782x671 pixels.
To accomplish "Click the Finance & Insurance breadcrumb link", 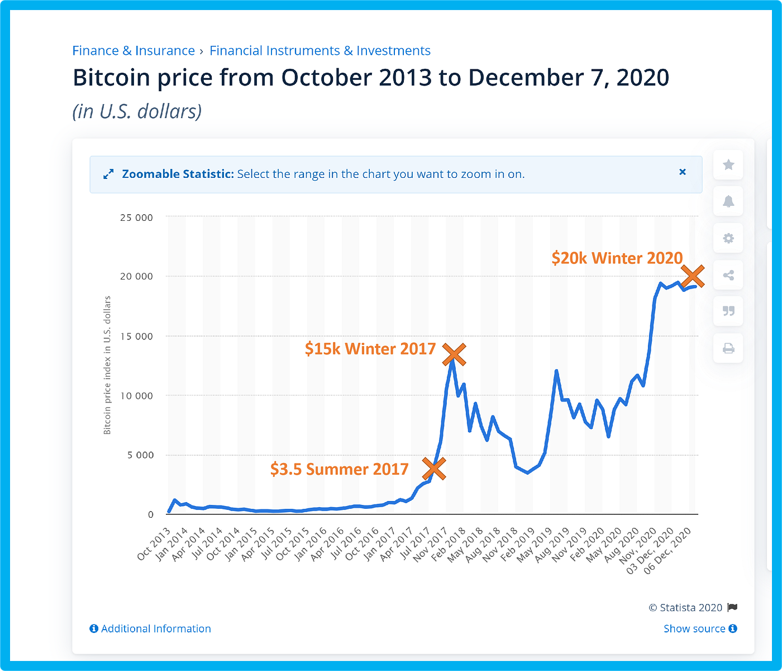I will click(x=133, y=51).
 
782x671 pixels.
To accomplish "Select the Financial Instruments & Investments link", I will click(x=320, y=51).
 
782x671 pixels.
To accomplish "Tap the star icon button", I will click(x=728, y=165).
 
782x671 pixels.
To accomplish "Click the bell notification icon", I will click(x=728, y=201).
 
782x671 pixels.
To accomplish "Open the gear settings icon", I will click(x=728, y=238).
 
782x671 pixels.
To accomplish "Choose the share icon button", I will click(x=728, y=275).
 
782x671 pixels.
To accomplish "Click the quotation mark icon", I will click(x=728, y=311).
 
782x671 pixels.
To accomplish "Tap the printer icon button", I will click(x=728, y=348).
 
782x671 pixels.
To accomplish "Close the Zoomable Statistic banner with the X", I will click(x=682, y=172).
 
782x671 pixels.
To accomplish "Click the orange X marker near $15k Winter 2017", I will click(x=454, y=354).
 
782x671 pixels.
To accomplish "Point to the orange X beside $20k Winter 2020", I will click(x=693, y=276).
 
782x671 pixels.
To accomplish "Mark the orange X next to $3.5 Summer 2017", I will click(x=434, y=469).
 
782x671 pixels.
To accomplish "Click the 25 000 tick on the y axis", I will click(x=136, y=218).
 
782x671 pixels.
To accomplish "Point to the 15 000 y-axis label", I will click(x=136, y=336).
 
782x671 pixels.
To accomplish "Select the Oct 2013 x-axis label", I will click(x=154, y=544).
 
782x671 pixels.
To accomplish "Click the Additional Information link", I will click(x=150, y=629).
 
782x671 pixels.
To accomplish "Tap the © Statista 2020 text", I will click(x=685, y=608).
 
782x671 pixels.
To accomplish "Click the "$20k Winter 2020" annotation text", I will click(x=617, y=258).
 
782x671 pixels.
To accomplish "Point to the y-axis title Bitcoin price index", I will click(x=107, y=365).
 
